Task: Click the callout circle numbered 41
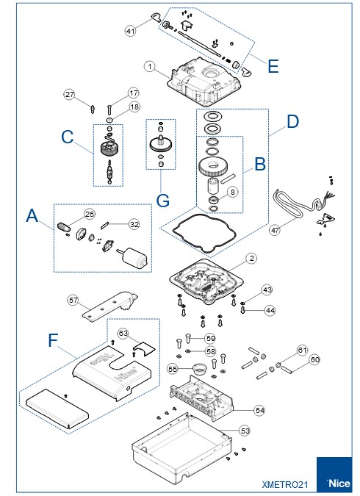(130, 31)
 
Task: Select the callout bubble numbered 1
(150, 67)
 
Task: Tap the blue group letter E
(273, 66)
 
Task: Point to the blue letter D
(292, 121)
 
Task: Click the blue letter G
(163, 201)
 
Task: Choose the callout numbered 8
(232, 192)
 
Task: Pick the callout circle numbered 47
(275, 230)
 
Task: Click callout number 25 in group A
(90, 214)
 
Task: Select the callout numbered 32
(134, 224)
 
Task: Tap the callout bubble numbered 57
(73, 300)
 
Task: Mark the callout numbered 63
(123, 334)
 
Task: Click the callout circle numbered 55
(173, 369)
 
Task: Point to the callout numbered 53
(245, 431)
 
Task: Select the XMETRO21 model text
(285, 485)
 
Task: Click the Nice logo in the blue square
(339, 484)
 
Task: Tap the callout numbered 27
(69, 94)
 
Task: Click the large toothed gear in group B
(213, 167)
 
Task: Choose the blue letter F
(53, 340)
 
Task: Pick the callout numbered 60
(314, 359)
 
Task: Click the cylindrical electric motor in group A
(132, 257)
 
